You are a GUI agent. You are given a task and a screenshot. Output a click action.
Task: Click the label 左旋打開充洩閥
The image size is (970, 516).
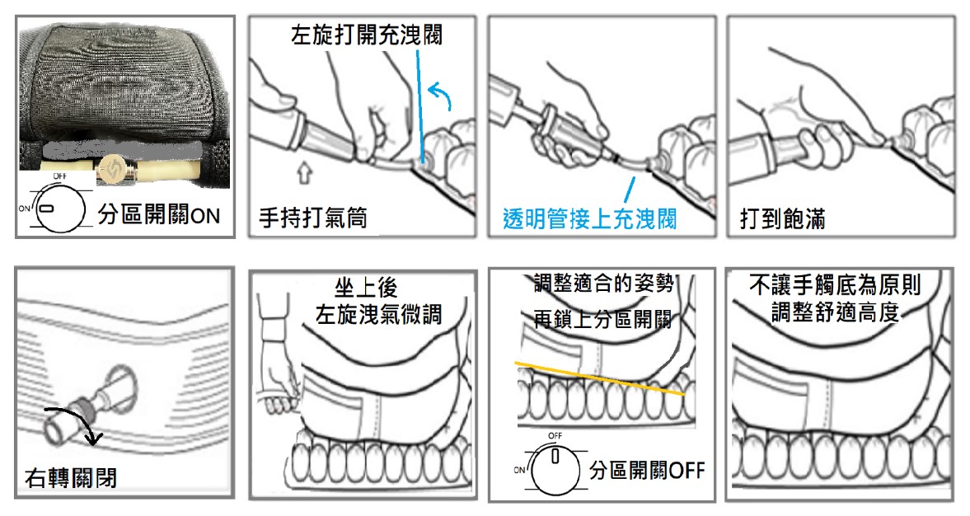pyautogui.click(x=366, y=35)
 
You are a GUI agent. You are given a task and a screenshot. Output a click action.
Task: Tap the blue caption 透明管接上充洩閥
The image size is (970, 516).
pyautogui.click(x=589, y=219)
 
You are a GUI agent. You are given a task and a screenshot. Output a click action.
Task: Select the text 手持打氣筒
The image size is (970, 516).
pyautogui.click(x=312, y=218)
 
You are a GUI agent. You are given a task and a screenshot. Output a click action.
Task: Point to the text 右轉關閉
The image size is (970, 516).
pyautogui.click(x=70, y=477)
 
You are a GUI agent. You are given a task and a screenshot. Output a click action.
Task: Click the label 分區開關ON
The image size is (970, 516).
pyautogui.click(x=159, y=216)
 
